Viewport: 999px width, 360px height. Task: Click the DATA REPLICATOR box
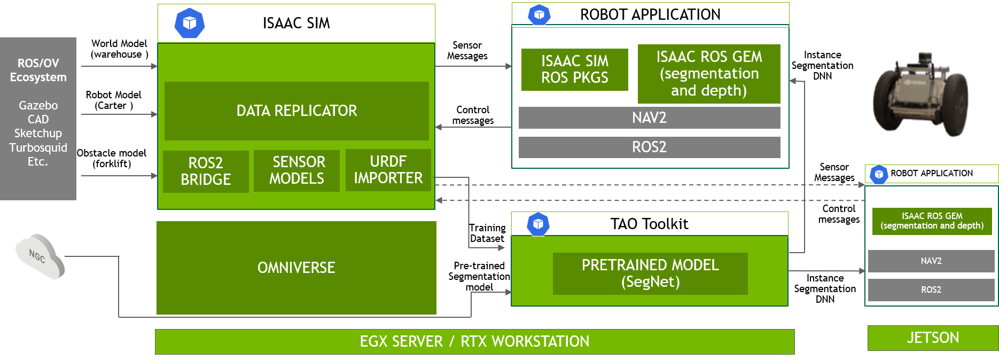point(296,111)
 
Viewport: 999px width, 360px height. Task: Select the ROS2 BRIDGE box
point(206,171)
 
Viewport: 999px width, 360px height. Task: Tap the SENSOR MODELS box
point(296,170)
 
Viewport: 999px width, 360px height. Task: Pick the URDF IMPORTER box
point(388,170)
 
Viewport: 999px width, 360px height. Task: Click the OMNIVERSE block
point(296,268)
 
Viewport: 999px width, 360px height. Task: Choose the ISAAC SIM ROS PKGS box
point(574,69)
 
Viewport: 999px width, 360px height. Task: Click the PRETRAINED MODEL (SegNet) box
point(650,273)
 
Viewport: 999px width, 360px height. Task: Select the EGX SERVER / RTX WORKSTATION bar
point(474,341)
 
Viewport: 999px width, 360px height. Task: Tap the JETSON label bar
point(933,338)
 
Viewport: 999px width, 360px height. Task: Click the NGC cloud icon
point(39,256)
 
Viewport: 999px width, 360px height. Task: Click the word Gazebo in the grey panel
point(38,105)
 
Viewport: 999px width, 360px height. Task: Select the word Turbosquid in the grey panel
point(38,147)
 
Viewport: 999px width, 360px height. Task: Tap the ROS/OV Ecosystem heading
point(38,70)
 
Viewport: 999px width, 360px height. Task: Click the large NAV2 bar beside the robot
point(649,118)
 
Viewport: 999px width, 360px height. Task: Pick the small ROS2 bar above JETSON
point(931,289)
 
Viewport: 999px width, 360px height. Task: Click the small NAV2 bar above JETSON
point(931,261)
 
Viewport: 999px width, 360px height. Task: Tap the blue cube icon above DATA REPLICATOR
point(190,23)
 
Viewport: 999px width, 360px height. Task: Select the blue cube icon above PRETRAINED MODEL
point(538,224)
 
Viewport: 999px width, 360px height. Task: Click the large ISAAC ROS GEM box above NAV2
point(709,74)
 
